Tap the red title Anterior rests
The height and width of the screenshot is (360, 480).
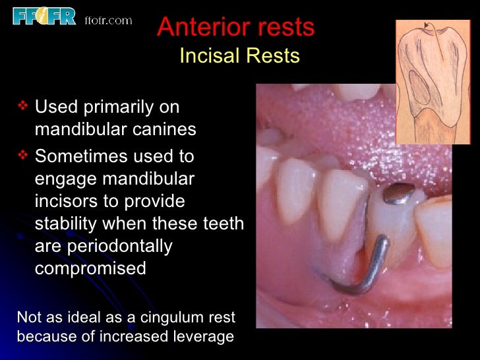236,28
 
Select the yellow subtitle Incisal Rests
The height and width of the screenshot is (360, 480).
239,57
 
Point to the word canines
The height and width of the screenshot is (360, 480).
164,129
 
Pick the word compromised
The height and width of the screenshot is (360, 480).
90,269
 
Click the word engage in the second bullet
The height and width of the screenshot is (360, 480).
65,179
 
